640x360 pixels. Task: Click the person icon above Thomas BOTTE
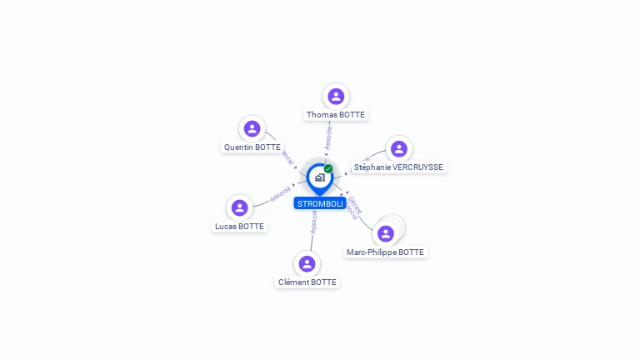[336, 97]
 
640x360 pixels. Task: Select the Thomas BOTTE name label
[336, 115]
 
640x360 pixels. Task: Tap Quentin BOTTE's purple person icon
[252, 129]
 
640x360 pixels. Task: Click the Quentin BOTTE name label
[252, 147]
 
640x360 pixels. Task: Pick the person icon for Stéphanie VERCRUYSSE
[398, 149]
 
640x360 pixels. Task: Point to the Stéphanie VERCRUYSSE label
[398, 167]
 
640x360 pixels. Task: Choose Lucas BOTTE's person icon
[240, 207]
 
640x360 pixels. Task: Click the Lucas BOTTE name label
[240, 227]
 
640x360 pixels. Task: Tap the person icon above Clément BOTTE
[307, 263]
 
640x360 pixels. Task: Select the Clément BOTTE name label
[307, 282]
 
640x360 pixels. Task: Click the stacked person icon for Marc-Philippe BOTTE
[386, 233]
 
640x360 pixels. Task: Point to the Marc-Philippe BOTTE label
[386, 252]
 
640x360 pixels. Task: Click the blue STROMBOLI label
[320, 203]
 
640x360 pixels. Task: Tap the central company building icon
[319, 177]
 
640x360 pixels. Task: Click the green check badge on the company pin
[328, 169]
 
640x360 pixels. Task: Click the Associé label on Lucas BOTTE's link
[280, 194]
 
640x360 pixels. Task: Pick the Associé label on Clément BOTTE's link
[313, 222]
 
